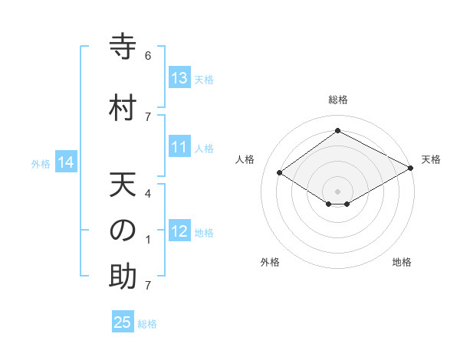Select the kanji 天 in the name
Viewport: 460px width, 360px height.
(123, 186)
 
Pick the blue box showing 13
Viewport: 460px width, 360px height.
(179, 78)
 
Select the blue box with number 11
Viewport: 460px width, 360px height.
(179, 148)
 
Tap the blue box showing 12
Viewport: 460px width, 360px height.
(179, 231)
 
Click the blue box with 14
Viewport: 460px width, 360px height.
(66, 162)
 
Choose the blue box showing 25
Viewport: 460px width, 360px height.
(123, 322)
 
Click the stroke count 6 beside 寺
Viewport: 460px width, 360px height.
(148, 55)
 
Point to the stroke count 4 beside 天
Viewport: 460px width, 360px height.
(148, 193)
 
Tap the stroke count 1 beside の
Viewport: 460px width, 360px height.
(148, 240)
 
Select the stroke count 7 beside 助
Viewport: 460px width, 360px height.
(148, 286)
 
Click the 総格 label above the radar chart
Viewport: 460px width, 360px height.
(337, 100)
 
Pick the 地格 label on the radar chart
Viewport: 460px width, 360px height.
(402, 262)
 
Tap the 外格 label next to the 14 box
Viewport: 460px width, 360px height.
(40, 163)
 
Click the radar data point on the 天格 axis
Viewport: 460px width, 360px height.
(411, 169)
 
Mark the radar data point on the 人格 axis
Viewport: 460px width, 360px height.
(280, 173)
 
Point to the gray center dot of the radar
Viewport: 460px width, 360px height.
(337, 191)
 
